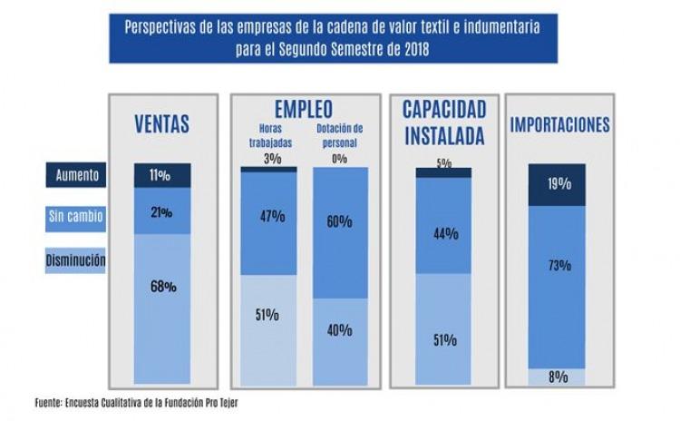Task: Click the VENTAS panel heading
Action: pos(162,123)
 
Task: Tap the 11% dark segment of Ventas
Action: pos(162,175)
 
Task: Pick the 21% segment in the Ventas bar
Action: pos(162,211)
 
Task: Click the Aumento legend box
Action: pos(75,174)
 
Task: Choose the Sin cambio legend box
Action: pos(75,217)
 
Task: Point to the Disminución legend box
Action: pos(75,261)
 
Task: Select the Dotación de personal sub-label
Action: pos(340,137)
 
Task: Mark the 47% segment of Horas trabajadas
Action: pos(267,217)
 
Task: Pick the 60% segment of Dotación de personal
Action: pos(340,221)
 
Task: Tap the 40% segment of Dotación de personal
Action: pos(340,330)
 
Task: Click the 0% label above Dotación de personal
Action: pos(340,158)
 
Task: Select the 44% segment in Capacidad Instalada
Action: pos(444,233)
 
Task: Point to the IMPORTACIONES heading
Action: pos(559,125)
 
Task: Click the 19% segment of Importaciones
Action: pos(559,184)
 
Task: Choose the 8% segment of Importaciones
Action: pos(559,377)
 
